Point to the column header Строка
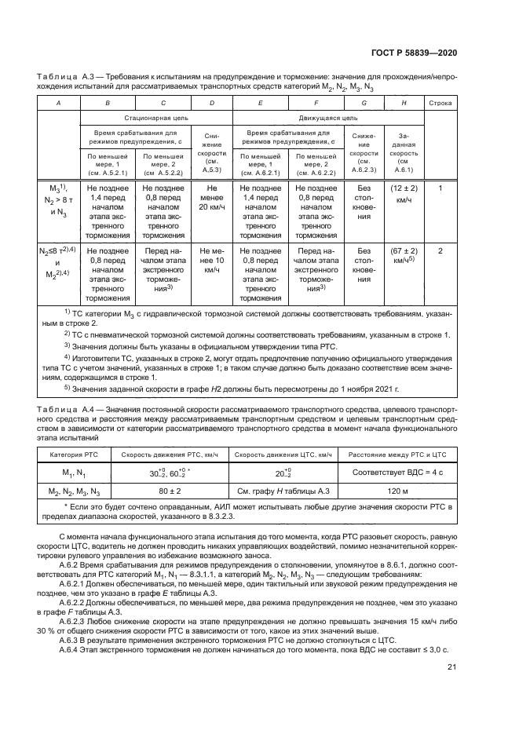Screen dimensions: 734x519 tap(440, 103)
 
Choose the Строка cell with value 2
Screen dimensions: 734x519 tap(440, 250)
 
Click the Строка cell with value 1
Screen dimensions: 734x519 tap(440, 188)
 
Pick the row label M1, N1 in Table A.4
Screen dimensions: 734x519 tap(73, 474)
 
